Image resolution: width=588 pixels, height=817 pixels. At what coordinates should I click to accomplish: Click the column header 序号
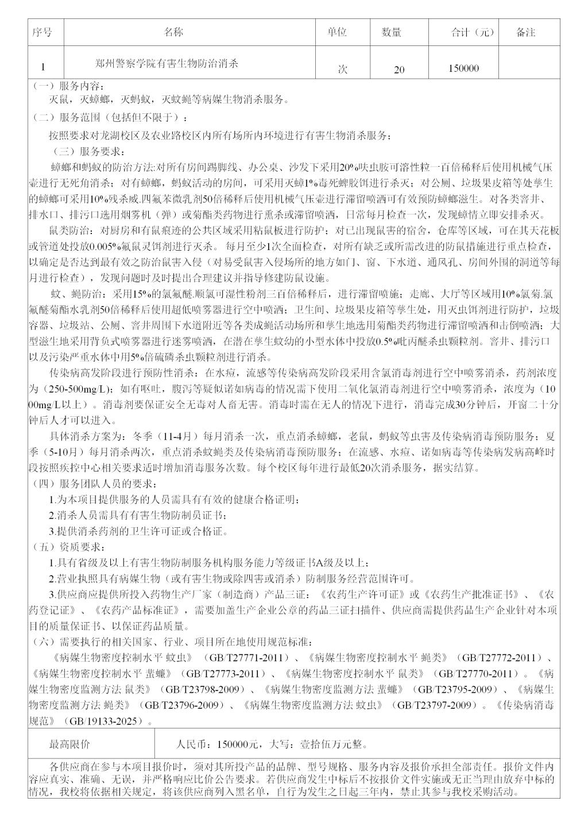42,32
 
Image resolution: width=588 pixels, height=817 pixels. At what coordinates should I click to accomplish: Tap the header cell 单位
336,32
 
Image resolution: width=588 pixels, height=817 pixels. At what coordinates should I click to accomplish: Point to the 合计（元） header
472,33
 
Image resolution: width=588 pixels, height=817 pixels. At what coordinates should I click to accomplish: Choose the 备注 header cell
525,33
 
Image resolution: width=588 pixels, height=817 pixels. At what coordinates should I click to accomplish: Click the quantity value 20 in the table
399,70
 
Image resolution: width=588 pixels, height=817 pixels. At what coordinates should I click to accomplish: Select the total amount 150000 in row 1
463,68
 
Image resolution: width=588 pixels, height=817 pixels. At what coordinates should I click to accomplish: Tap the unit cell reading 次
342,69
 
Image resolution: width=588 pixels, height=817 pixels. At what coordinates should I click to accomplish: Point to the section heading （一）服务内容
68,86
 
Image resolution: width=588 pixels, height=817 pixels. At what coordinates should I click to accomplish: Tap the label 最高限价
69,744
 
